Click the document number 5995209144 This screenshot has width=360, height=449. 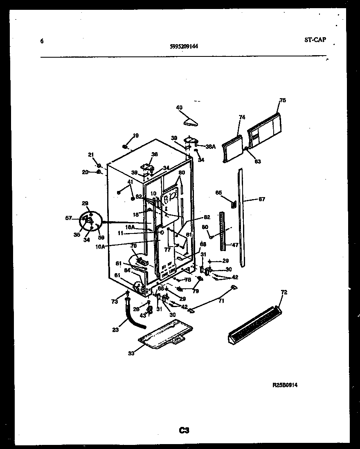tap(184, 46)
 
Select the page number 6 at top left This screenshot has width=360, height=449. tap(42, 41)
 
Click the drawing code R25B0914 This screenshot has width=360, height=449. tap(285, 385)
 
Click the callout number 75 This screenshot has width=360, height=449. tap(283, 100)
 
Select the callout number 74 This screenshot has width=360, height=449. tap(242, 117)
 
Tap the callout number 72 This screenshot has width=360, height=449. tap(284, 293)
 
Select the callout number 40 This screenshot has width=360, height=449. tap(179, 108)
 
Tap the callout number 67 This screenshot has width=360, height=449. tap(262, 200)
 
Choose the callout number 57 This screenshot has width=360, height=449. tap(68, 218)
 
